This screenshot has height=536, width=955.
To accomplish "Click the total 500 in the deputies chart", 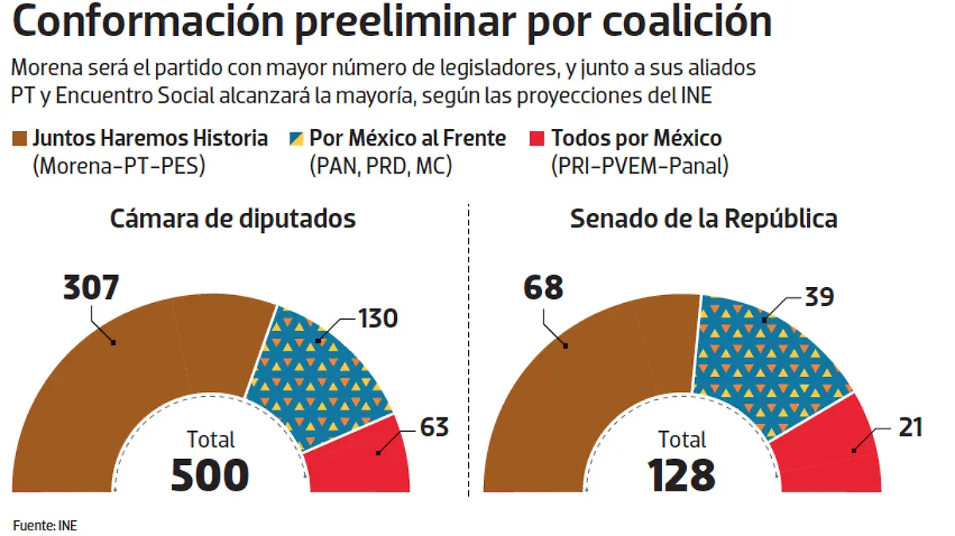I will click(x=210, y=475).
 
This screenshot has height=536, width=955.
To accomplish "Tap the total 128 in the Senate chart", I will click(x=681, y=475).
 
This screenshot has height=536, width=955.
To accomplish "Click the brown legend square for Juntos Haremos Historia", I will click(x=21, y=138).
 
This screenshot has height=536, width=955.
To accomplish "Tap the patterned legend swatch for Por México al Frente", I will click(x=296, y=138).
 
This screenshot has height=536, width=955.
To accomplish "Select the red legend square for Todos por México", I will click(x=537, y=138).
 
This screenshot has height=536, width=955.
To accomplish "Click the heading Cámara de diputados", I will click(x=232, y=219).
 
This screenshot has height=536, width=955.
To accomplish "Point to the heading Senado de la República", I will click(x=704, y=219).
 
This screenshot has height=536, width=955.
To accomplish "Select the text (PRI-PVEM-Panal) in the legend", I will click(x=639, y=166).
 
